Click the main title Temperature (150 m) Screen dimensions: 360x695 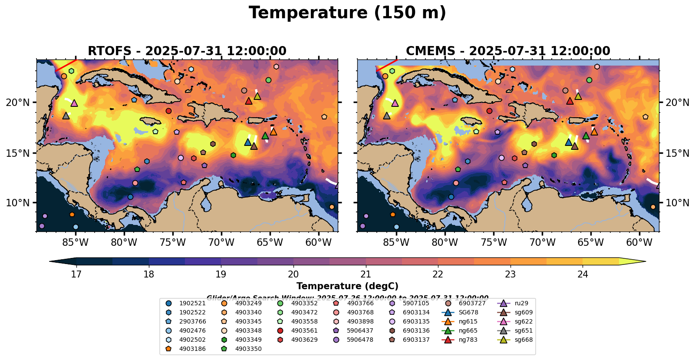(347, 13)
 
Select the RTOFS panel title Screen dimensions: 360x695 (187, 51)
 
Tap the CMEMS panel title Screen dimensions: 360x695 (508, 51)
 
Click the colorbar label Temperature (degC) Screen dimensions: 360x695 (347, 286)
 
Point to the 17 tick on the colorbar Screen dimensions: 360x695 (76, 274)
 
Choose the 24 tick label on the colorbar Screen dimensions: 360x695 (583, 274)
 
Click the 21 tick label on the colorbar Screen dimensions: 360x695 (366, 274)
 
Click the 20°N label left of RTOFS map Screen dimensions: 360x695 (18, 102)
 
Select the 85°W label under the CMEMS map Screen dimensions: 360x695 (396, 242)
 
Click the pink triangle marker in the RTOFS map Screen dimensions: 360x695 (74, 103)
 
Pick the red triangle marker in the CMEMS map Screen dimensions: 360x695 (570, 101)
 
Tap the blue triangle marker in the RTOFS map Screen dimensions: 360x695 (247, 142)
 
